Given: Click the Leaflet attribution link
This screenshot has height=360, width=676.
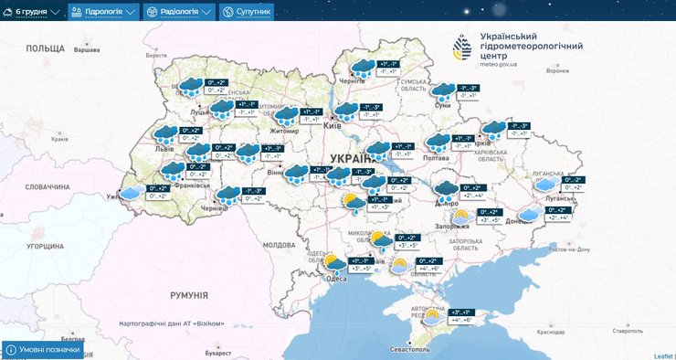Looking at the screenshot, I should coord(663,355).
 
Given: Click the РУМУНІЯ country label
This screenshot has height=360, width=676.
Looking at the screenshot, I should coord(188,295).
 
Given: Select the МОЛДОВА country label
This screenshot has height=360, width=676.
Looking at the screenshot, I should coord(279,245).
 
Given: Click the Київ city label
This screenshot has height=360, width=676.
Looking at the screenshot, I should coord(333,125).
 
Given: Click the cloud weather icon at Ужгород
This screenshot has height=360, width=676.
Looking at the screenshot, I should coord(133,192).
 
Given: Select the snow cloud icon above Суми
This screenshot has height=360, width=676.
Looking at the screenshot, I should coord(443,90).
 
